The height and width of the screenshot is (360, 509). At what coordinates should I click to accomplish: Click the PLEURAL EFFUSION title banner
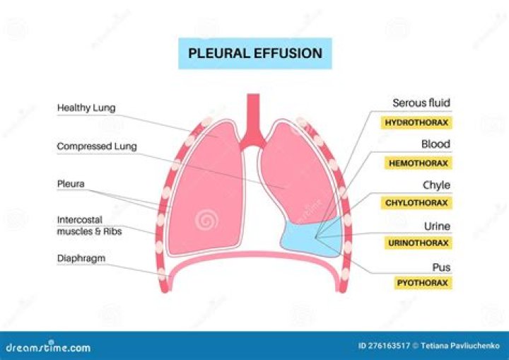click(x=255, y=53)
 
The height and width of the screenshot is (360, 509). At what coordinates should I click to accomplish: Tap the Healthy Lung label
click(x=86, y=108)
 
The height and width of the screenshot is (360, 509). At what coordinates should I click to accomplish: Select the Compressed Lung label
click(x=97, y=146)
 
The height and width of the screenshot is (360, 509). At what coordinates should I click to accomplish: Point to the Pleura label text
click(x=71, y=184)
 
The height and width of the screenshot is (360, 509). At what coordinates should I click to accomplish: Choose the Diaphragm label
click(x=81, y=258)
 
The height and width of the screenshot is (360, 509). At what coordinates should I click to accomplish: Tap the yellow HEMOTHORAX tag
click(x=417, y=163)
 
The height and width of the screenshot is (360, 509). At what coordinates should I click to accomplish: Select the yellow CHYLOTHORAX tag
click(x=416, y=203)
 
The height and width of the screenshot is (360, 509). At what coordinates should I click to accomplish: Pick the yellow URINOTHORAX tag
click(x=417, y=243)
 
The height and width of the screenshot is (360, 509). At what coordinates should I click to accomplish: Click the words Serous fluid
click(x=421, y=103)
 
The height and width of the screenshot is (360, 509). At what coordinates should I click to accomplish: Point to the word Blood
click(x=435, y=144)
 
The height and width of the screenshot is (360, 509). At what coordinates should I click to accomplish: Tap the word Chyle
click(x=436, y=185)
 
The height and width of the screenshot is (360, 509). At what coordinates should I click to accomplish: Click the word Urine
click(x=436, y=226)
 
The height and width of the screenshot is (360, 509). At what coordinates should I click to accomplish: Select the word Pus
click(x=442, y=267)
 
